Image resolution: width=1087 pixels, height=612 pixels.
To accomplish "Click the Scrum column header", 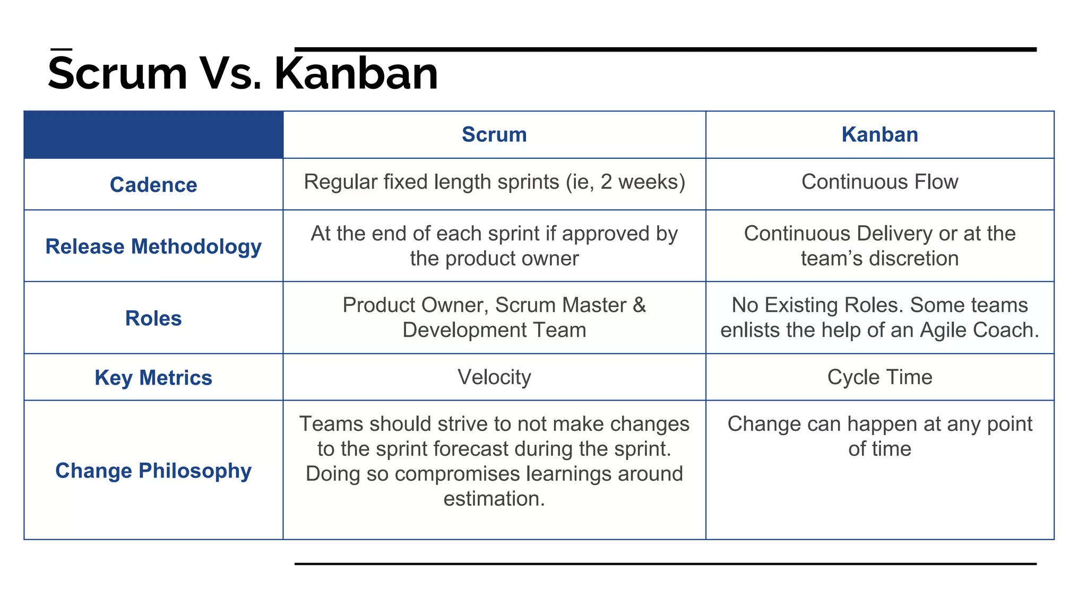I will click(x=494, y=134).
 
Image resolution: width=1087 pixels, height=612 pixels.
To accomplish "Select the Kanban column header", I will click(x=879, y=134).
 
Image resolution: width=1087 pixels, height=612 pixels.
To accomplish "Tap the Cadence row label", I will click(x=153, y=185).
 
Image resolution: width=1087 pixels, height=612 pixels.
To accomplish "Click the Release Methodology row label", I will click(x=153, y=246).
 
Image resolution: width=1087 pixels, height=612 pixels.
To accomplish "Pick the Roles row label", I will click(x=153, y=318).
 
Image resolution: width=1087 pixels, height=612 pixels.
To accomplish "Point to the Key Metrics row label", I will click(x=153, y=378).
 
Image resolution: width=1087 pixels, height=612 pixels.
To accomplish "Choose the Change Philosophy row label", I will click(x=153, y=471).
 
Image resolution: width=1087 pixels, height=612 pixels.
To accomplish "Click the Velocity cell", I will click(x=494, y=377).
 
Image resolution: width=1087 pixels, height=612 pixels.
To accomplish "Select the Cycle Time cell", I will click(x=879, y=377).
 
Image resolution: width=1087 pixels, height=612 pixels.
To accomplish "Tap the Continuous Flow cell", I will click(x=879, y=182).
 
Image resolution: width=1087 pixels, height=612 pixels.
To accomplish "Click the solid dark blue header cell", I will click(x=153, y=134).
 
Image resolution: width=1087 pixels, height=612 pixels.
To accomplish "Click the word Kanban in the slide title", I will click(x=356, y=73).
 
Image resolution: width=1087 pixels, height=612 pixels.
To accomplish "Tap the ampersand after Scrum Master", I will click(x=639, y=305).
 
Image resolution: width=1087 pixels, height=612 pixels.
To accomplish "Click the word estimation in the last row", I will click(x=493, y=499).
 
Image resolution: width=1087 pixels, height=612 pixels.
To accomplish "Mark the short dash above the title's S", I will click(x=62, y=49).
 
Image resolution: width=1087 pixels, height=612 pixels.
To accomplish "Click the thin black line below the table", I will click(x=665, y=564).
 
